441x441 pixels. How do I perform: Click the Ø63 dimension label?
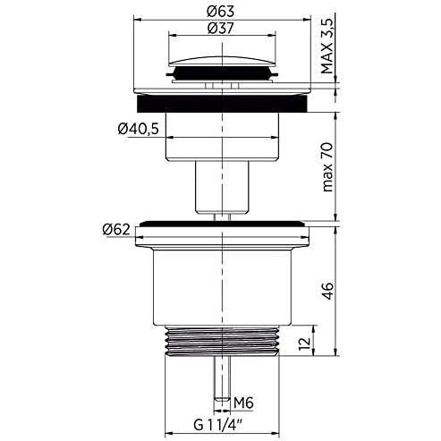coord(221,12)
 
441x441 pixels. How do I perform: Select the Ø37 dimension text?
coord(221,29)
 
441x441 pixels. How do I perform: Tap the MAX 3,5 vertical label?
coord(327,47)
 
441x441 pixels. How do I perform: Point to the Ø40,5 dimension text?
coord(138,129)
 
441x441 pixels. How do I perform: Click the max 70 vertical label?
coord(327,167)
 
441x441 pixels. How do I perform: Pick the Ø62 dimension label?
coord(116,230)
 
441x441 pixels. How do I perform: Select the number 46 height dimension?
coord(327,291)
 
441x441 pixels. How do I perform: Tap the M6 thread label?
coord(243,403)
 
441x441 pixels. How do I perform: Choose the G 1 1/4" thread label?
coord(218,425)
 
